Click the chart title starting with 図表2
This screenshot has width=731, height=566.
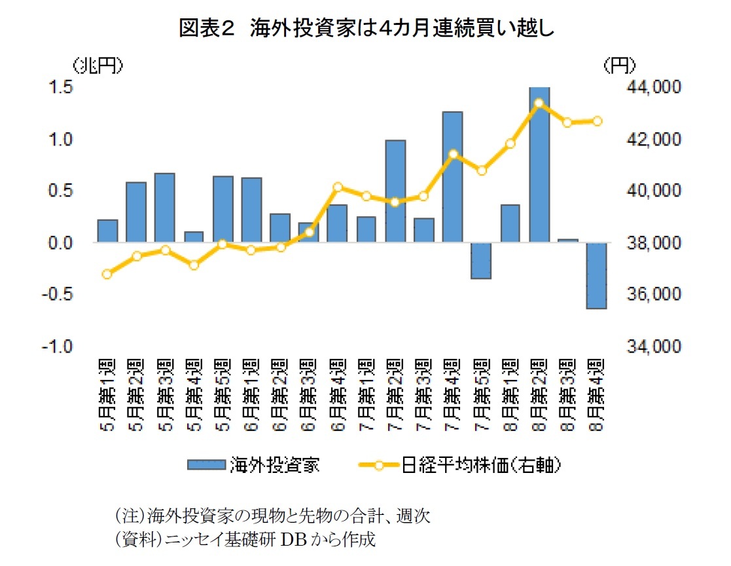[x=366, y=29]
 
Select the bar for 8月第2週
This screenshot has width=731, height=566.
[x=539, y=164]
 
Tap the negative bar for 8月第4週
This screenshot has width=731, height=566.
[x=596, y=275]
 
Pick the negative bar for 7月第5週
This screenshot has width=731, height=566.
[x=481, y=261]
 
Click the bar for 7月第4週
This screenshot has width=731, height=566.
[x=452, y=177]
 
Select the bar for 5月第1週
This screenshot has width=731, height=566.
[x=107, y=231]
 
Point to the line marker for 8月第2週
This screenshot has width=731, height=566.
[x=539, y=103]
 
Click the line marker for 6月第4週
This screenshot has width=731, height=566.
[x=338, y=187]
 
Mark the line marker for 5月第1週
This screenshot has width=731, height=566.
[x=107, y=274]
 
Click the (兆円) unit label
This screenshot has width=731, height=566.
[x=96, y=65]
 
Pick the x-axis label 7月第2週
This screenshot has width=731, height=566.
[x=395, y=395]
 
